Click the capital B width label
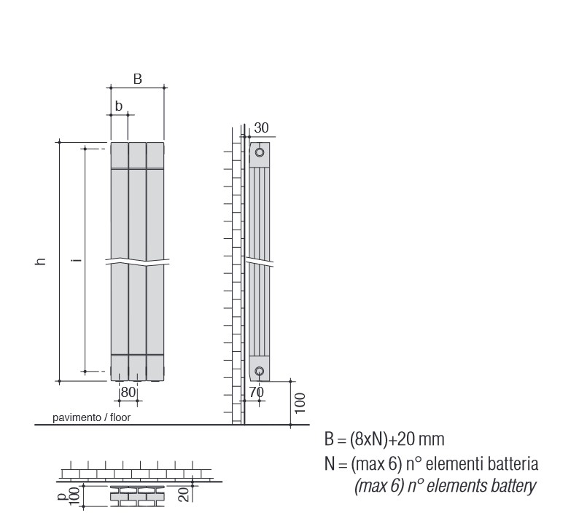pyautogui.click(x=138, y=79)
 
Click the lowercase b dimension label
pyautogui.click(x=119, y=106)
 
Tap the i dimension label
pyautogui.click(x=76, y=260)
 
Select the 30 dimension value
pyautogui.click(x=262, y=128)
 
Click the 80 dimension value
pyautogui.click(x=128, y=392)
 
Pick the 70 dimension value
pyautogui.click(x=257, y=392)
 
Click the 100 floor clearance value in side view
pyautogui.click(x=300, y=403)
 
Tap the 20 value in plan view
pyautogui.click(x=184, y=495)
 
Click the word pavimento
pyautogui.click(x=77, y=417)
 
